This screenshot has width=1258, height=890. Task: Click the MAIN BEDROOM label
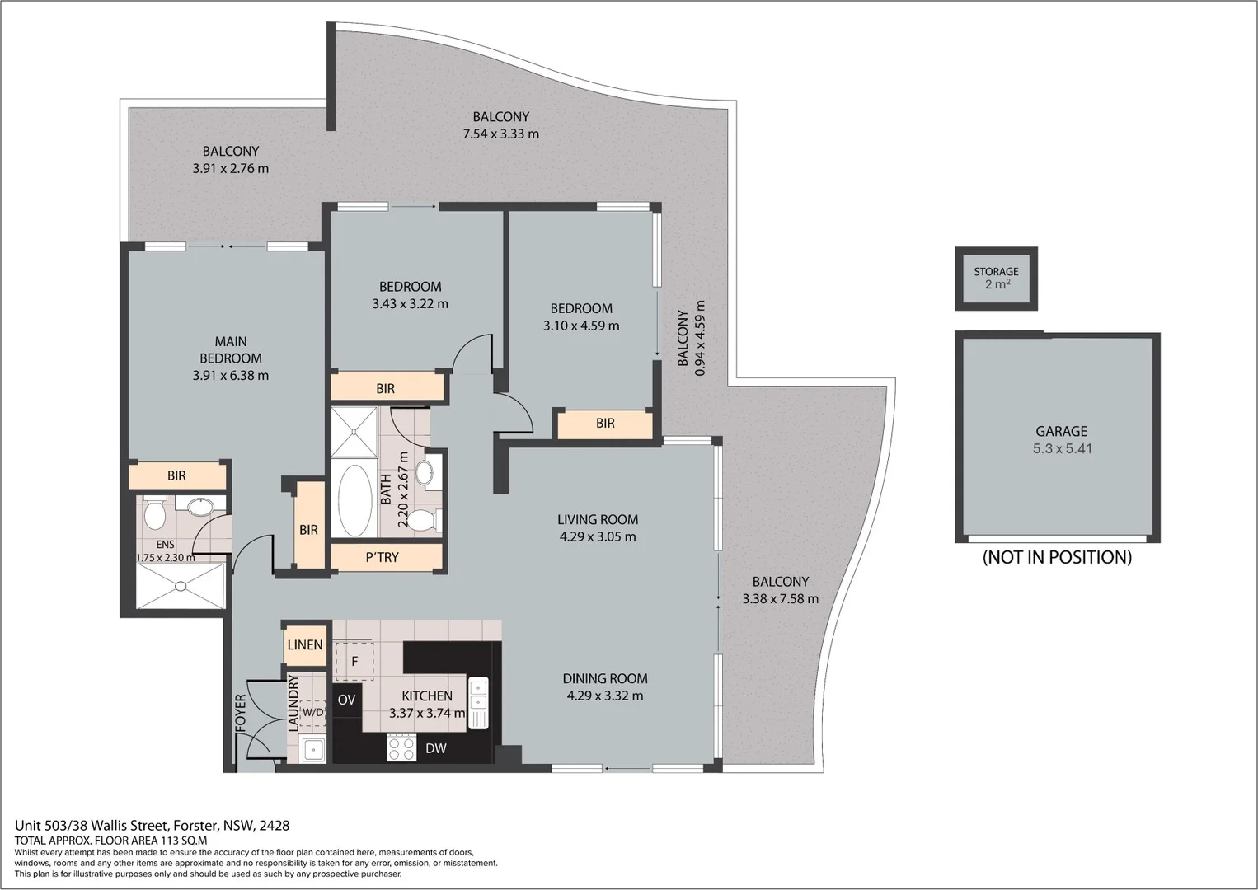[x=231, y=349]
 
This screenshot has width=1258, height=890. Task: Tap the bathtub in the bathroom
[x=354, y=500]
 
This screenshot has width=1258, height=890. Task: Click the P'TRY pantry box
[x=383, y=558]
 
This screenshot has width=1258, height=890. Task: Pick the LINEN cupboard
[x=305, y=644]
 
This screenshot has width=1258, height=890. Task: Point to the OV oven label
[x=347, y=700]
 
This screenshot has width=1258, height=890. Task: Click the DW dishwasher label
[x=436, y=748]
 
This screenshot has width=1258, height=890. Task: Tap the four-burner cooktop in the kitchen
[x=401, y=748]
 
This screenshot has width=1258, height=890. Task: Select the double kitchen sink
[x=478, y=703]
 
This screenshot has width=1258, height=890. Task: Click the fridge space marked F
[x=354, y=661]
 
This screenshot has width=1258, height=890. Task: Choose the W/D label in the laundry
[x=312, y=712]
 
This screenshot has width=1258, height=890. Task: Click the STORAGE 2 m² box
[x=996, y=279]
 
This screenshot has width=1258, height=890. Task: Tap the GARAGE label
[x=1061, y=431]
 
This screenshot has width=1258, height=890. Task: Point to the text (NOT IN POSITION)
[x=1057, y=558]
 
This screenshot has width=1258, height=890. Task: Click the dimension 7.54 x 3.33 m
[x=501, y=134]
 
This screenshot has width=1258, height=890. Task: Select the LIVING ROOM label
[x=598, y=519]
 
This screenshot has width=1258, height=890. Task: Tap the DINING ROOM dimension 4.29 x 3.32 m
[x=605, y=696]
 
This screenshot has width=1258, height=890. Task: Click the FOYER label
[x=241, y=714]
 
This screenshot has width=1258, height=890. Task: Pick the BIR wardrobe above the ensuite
[x=176, y=475]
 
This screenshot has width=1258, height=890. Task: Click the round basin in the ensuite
[x=200, y=506]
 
